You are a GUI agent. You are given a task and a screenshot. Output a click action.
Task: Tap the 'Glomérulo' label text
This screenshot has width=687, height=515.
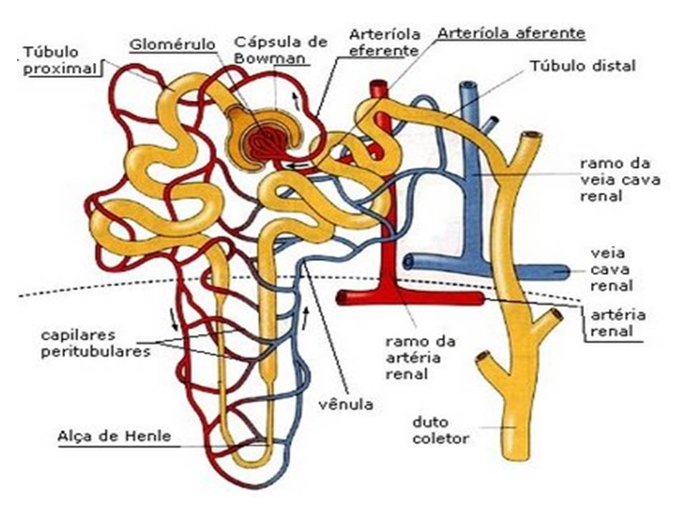(x=172, y=44)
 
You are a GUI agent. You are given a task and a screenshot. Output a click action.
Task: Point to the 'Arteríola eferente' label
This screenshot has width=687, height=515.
(x=383, y=43)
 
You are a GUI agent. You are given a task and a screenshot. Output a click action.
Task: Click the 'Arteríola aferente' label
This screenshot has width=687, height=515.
(x=511, y=33)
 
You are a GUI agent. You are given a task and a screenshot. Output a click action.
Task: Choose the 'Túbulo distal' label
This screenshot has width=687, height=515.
(x=583, y=67)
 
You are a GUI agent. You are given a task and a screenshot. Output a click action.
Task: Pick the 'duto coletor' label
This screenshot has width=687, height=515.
(x=441, y=429)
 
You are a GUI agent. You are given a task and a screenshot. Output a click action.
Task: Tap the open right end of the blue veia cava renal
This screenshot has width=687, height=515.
(x=565, y=272)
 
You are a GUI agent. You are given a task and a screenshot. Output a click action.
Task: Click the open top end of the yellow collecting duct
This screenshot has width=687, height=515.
(x=530, y=136)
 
